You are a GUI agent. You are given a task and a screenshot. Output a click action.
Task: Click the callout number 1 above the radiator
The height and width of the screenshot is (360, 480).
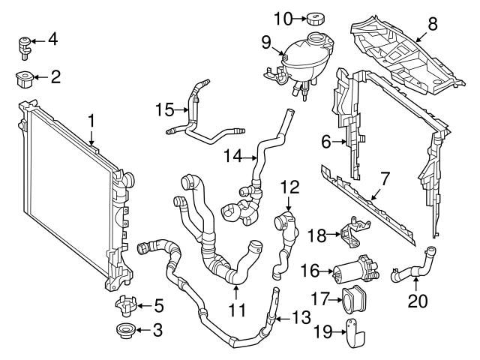(x=91, y=120)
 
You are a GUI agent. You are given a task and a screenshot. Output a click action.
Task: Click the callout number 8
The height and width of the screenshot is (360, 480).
(x=432, y=24)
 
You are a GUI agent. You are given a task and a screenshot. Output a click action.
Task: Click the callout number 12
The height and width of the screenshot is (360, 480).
(x=290, y=185)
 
